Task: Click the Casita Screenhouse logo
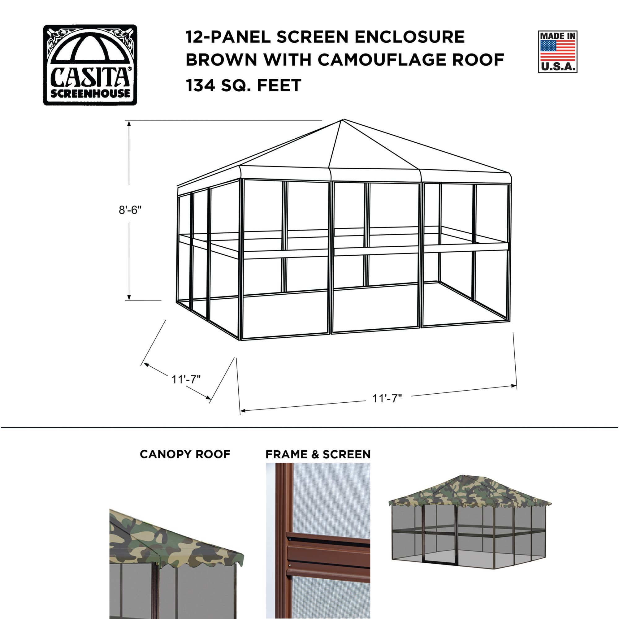(x=90, y=65)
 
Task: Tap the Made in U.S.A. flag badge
(x=557, y=52)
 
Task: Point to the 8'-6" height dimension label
(x=130, y=210)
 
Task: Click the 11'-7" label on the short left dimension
(x=186, y=379)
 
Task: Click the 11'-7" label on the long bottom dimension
(x=387, y=399)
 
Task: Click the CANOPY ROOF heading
(x=185, y=454)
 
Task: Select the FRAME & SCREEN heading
(x=318, y=454)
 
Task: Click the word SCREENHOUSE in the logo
(x=90, y=93)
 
